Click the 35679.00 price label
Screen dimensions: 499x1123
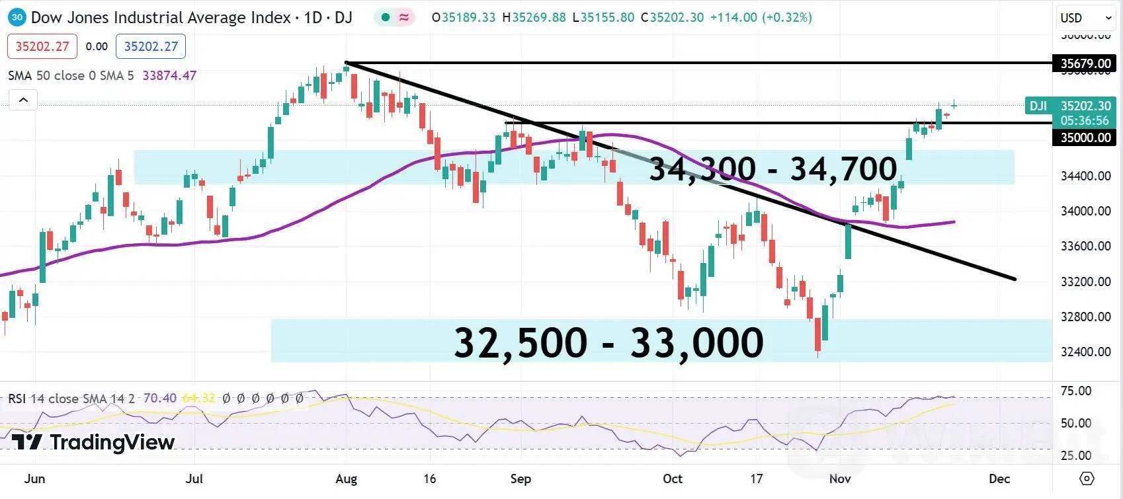click(1085, 63)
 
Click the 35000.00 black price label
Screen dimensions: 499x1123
click(1085, 137)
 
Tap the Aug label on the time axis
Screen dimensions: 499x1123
click(346, 479)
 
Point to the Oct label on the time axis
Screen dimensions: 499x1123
click(672, 479)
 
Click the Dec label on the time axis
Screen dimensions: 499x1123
click(999, 479)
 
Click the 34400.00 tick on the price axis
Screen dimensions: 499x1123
click(1085, 176)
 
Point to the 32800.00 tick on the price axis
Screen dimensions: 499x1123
click(1085, 317)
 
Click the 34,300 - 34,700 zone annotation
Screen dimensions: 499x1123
click(772, 169)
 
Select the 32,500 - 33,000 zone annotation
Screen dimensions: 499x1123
click(608, 342)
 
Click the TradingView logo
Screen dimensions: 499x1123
click(93, 442)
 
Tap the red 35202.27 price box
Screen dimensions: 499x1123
click(42, 46)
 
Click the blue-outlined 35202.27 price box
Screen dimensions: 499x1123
click(151, 46)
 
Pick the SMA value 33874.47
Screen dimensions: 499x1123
click(169, 75)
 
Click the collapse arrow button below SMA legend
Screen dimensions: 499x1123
click(23, 100)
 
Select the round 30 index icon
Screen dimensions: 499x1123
click(17, 17)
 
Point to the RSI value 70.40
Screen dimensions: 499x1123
click(160, 399)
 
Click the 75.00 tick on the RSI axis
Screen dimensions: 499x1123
click(1075, 391)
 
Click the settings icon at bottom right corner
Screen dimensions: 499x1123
click(1087, 478)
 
